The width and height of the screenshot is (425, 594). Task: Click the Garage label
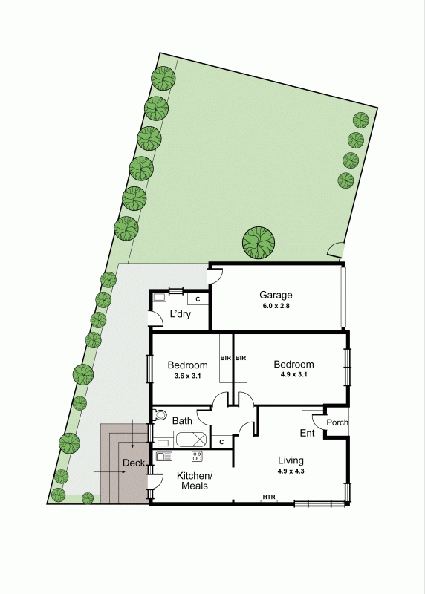click(276, 295)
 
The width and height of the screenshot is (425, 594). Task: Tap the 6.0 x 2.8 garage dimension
click(276, 306)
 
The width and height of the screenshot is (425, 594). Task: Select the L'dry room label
click(181, 314)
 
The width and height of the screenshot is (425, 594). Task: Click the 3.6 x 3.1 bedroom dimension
click(186, 376)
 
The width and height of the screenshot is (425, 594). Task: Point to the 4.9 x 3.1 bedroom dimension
click(293, 376)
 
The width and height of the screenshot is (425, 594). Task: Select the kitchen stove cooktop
click(198, 456)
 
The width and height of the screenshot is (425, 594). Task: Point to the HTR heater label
click(268, 497)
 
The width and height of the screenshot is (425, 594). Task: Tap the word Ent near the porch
click(307, 433)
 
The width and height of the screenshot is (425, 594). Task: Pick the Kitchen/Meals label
click(194, 480)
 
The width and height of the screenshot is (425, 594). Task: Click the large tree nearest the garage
click(259, 241)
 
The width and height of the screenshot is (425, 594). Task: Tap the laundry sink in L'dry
click(160, 298)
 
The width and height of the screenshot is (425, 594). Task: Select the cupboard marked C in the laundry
click(198, 299)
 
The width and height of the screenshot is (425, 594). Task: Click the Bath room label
click(182, 421)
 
